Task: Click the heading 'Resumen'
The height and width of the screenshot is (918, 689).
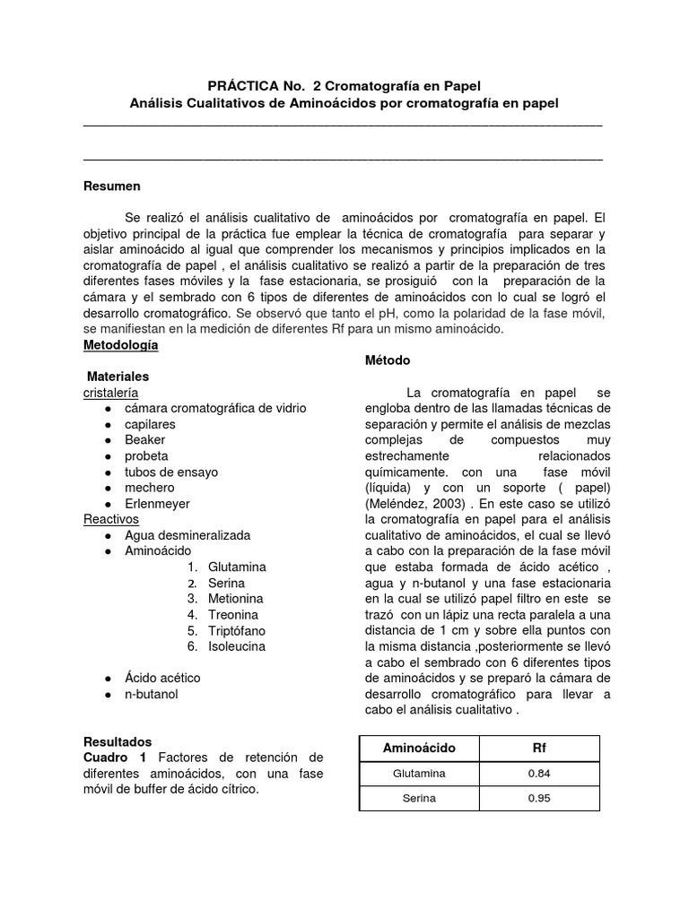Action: [111, 186]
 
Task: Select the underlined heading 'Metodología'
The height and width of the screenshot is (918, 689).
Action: [120, 344]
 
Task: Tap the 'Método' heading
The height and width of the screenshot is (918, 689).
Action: [388, 360]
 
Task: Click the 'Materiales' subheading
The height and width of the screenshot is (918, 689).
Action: [118, 377]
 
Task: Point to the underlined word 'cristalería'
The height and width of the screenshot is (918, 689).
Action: [110, 393]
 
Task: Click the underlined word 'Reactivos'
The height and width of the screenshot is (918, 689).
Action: [110, 519]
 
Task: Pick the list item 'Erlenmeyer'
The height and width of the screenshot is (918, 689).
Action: [157, 504]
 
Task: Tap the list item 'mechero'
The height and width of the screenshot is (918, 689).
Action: [149, 488]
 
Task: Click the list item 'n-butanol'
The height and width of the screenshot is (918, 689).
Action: [152, 694]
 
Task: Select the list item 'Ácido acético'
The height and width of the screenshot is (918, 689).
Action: [162, 678]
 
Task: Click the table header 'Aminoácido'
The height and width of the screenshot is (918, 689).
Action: [419, 748]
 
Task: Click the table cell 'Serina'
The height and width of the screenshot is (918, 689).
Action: [419, 799]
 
